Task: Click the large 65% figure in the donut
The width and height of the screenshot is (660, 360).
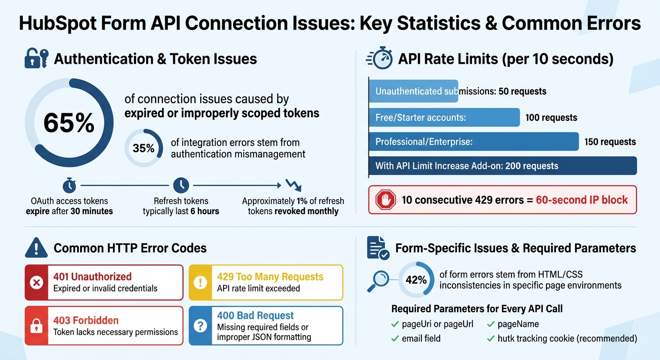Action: pyautogui.click(x=68, y=123)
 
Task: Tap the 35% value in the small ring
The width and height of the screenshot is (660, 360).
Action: pyautogui.click(x=143, y=148)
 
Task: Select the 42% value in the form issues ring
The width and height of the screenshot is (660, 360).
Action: pyautogui.click(x=416, y=280)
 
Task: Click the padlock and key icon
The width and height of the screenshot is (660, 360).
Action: pyautogui.click(x=36, y=59)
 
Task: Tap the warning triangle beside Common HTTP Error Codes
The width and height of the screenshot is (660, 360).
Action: pyautogui.click(x=36, y=247)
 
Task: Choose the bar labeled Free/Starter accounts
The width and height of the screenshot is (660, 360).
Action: pyautogui.click(x=444, y=118)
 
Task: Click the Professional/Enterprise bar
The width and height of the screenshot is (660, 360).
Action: pyautogui.click(x=473, y=142)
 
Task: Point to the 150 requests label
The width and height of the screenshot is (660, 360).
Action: pyautogui.click(x=610, y=142)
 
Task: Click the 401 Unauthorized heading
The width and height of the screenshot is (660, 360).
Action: pyautogui.click(x=92, y=277)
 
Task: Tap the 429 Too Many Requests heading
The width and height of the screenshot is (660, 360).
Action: pyautogui.click(x=270, y=277)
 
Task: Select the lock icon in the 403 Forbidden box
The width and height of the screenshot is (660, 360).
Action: pyautogui.click(x=37, y=326)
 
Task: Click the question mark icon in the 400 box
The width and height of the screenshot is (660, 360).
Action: pyautogui.click(x=201, y=326)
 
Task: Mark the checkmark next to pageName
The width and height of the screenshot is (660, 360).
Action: pyautogui.click(x=491, y=324)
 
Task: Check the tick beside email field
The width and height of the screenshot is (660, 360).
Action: pyautogui.click(x=395, y=338)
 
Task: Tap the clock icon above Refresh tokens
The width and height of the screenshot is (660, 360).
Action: pyautogui.click(x=181, y=185)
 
